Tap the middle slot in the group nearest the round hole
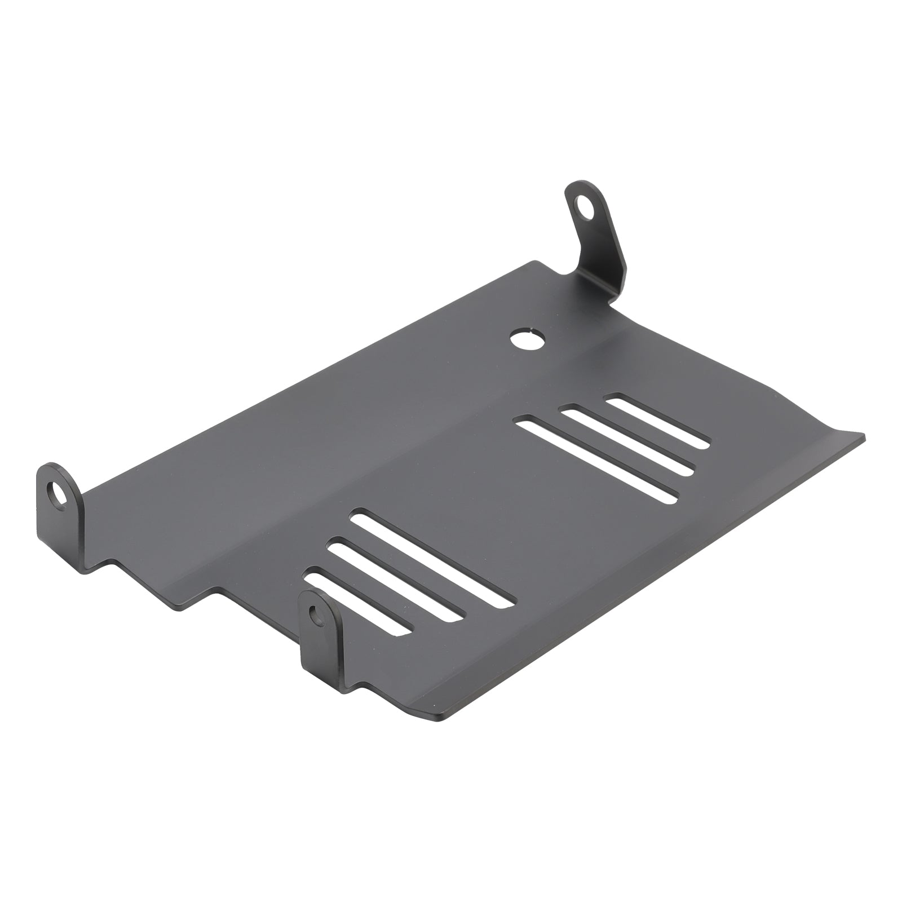pos(626,440)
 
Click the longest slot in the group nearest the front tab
pos(431,558)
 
